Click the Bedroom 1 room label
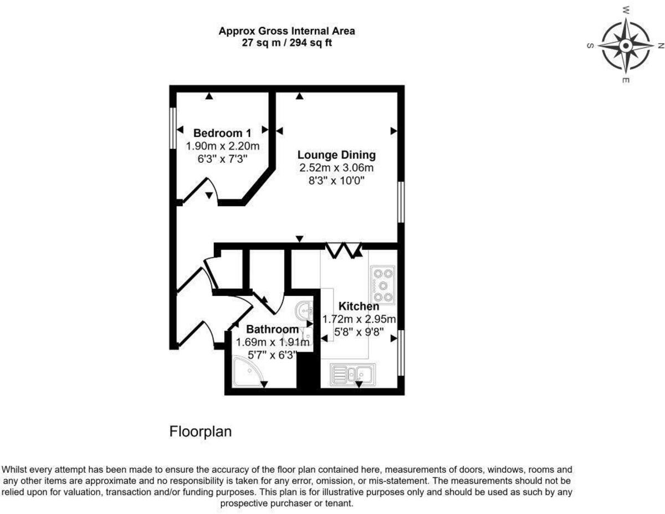click(x=222, y=133)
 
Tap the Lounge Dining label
click(x=336, y=155)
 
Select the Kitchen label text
click(x=359, y=306)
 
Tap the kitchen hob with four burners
click(x=383, y=285)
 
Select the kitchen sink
click(x=352, y=374)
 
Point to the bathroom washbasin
click(x=304, y=311)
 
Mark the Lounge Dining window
click(x=401, y=202)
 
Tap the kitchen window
click(x=401, y=353)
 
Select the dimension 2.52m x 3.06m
click(x=336, y=168)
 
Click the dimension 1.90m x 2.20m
click(x=222, y=146)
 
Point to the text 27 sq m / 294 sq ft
click(x=287, y=43)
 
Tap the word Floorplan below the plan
click(x=200, y=431)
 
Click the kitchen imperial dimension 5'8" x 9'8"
click(x=359, y=331)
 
